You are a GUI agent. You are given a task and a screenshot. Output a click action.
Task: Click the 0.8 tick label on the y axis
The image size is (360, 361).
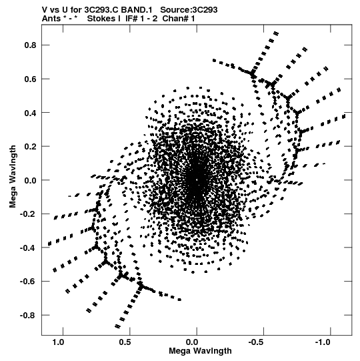(31, 45)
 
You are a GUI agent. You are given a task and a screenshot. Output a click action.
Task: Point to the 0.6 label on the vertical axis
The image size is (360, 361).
(31, 79)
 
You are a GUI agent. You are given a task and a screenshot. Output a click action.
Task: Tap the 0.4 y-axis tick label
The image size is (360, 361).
(31, 113)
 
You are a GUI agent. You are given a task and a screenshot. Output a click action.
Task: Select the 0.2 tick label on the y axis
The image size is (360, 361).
(31, 146)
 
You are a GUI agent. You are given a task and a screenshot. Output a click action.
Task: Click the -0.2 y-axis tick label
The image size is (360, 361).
(28, 214)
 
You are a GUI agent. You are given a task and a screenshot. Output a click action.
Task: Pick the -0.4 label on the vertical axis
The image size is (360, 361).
(28, 248)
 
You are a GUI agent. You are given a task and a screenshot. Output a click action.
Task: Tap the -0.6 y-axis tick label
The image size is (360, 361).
(28, 282)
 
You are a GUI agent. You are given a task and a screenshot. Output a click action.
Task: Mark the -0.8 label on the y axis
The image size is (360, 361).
(28, 315)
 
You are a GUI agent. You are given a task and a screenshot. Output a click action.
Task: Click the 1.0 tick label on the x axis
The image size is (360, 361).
(58, 342)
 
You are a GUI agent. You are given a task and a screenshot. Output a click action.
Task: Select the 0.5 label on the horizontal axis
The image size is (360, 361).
(125, 342)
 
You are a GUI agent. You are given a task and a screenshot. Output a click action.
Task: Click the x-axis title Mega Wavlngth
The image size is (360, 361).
(200, 351)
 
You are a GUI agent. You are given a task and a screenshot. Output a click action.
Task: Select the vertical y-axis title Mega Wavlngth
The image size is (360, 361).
(13, 177)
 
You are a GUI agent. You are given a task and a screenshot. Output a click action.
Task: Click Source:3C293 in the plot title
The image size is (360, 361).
(189, 10)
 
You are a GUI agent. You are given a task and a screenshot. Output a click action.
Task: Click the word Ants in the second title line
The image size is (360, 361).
(51, 19)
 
